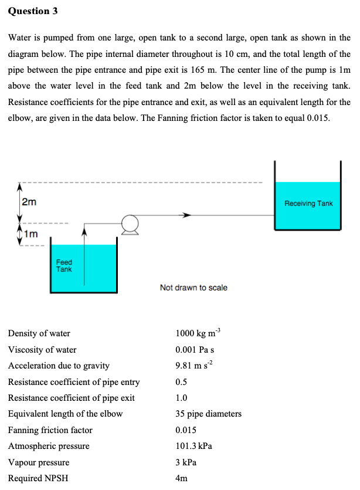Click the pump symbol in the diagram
tap(130, 224)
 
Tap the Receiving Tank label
tap(308, 204)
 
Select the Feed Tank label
tap(64, 266)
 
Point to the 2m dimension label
tap(29, 202)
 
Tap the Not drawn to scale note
tap(193, 288)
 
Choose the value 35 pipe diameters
tap(208, 414)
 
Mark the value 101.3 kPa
tap(193, 446)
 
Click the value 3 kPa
tap(186, 462)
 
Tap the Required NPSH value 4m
tap(181, 478)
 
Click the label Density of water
tap(39, 333)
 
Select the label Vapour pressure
tap(39, 462)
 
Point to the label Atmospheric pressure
tap(49, 446)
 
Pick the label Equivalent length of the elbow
tap(65, 414)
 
